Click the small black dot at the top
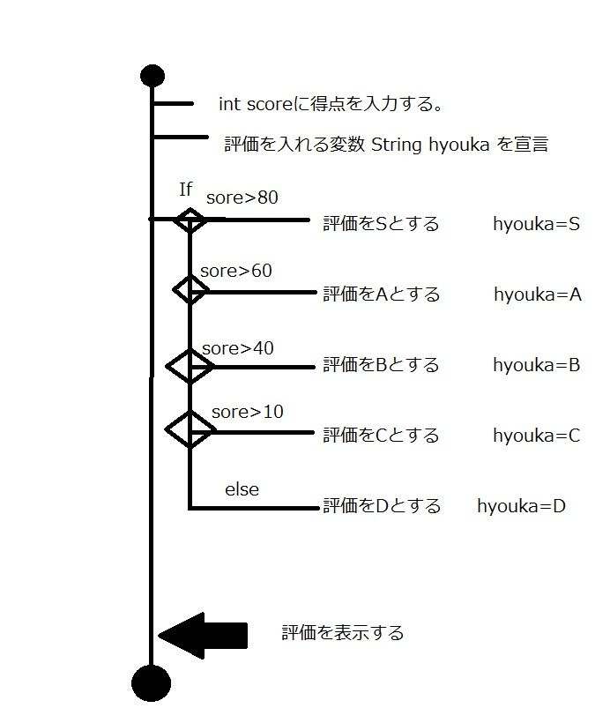tap(152, 76)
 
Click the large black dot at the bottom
tap(151, 682)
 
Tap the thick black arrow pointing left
tap(203, 635)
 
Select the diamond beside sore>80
tap(190, 220)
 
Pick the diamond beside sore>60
tap(190, 289)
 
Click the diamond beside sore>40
tap(190, 366)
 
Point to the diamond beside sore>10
tap(190, 430)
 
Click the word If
tap(185, 190)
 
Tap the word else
tap(242, 488)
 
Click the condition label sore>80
tap(242, 198)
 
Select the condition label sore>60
tap(236, 271)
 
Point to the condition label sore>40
tap(237, 348)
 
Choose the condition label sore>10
tap(247, 412)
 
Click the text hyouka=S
tap(536, 223)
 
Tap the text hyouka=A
tap(537, 294)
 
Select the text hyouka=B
tap(536, 364)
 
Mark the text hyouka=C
tap(536, 435)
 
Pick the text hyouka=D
tap(521, 506)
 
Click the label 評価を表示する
tap(343, 633)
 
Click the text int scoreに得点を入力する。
tap(330, 105)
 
